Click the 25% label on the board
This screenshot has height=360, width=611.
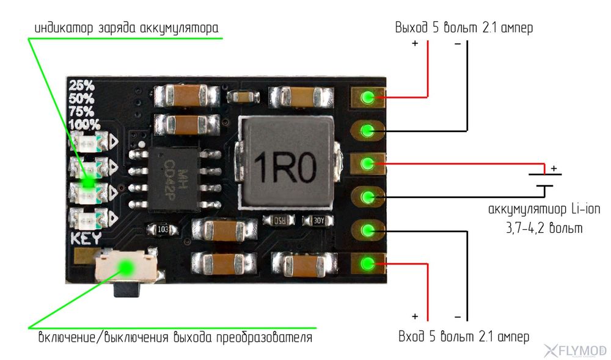[x=81, y=86]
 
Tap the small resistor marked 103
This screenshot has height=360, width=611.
[x=163, y=229]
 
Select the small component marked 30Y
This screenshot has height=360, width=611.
[x=318, y=220]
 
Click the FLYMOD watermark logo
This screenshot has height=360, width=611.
[x=575, y=350]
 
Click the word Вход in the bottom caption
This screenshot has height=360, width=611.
[x=412, y=337]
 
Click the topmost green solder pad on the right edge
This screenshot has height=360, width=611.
[x=368, y=97]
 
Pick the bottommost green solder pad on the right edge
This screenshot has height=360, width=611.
[x=368, y=263]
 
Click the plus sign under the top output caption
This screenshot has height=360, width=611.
[x=415, y=44]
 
